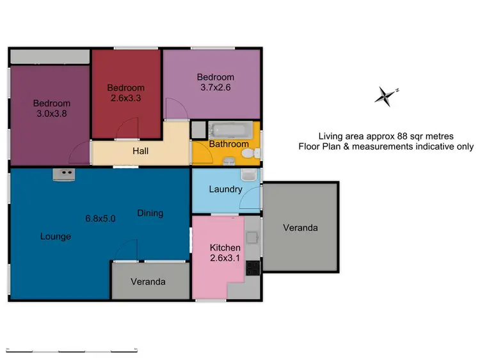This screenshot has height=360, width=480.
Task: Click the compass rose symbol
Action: pos(385,96)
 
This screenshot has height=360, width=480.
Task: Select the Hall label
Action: pos(141,152)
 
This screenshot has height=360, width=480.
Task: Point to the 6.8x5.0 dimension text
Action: pos(100,218)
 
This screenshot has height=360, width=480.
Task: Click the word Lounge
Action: pos(56,237)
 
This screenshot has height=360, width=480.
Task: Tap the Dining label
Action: pos(150,213)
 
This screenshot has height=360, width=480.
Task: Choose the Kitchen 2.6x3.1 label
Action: pos(225,253)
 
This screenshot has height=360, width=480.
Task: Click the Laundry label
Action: pos(225,189)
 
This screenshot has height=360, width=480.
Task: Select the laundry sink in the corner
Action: pos(248,175)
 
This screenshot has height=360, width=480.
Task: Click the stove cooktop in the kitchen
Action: pos(253,267)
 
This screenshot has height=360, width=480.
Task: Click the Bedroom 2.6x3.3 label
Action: pos(125,93)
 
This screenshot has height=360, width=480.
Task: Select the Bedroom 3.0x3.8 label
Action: pos(52,109)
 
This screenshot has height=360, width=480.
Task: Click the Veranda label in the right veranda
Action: pos(300,228)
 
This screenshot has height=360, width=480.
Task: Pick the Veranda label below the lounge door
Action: pos(148,281)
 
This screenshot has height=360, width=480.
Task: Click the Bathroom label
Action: pos(228,144)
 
